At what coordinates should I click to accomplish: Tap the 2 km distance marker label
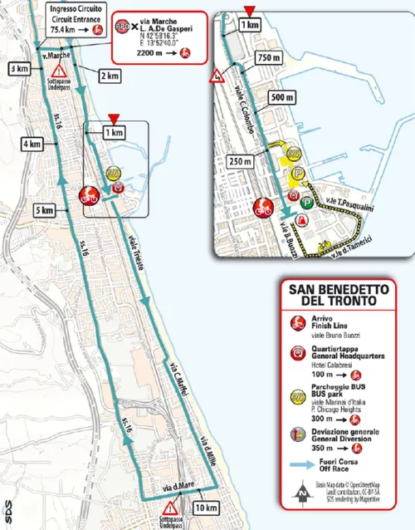coord(108,76)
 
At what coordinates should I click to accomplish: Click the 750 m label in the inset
coord(267,57)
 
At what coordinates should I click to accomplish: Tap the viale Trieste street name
coord(135,249)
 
